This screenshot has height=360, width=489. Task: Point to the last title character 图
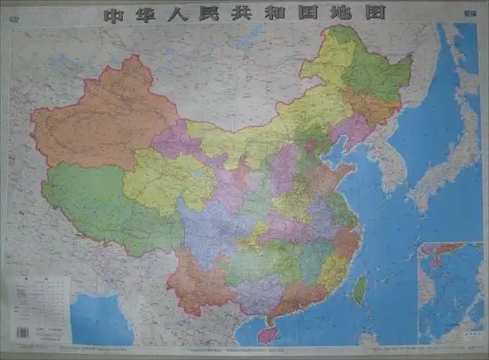(x=376, y=13)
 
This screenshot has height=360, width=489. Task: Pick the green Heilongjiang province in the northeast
(x=374, y=72)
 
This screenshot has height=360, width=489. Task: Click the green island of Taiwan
(x=359, y=288)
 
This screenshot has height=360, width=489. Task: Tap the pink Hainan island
(x=268, y=333)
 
